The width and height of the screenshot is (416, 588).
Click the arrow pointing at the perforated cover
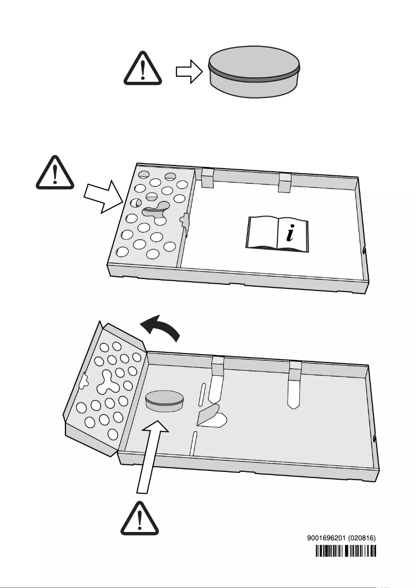(x=103, y=196)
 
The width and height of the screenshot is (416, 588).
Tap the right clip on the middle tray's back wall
(x=285, y=181)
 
